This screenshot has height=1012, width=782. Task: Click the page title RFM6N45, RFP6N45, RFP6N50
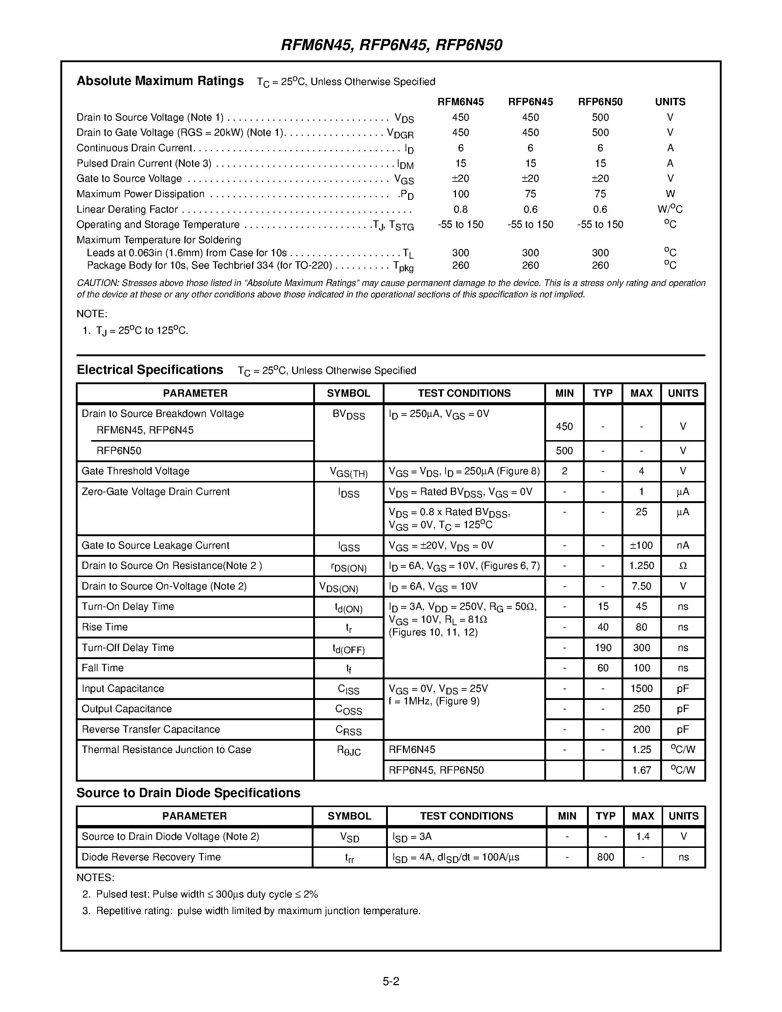[x=392, y=45]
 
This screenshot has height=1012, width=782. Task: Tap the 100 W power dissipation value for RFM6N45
[x=460, y=194]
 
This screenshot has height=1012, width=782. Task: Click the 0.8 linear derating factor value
[x=460, y=209]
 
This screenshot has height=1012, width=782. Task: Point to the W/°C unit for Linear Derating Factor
[x=669, y=209]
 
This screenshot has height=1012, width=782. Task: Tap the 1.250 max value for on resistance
[x=641, y=566]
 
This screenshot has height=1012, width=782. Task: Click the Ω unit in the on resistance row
[x=683, y=566]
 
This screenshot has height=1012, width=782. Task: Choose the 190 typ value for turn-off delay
[x=603, y=648]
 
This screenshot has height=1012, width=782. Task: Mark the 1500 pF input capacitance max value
[x=641, y=689]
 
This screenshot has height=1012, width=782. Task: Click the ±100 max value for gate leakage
[x=641, y=545]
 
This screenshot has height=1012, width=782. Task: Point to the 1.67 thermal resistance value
[x=641, y=770]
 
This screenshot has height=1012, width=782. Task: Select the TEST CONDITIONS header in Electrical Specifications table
[x=464, y=393]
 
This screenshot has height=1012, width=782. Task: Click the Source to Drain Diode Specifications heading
[x=188, y=793]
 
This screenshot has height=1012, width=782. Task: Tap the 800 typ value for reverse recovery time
[x=605, y=857]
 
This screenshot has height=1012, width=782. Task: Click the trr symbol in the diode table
[x=349, y=858]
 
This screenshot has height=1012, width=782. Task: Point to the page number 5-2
[x=390, y=981]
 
